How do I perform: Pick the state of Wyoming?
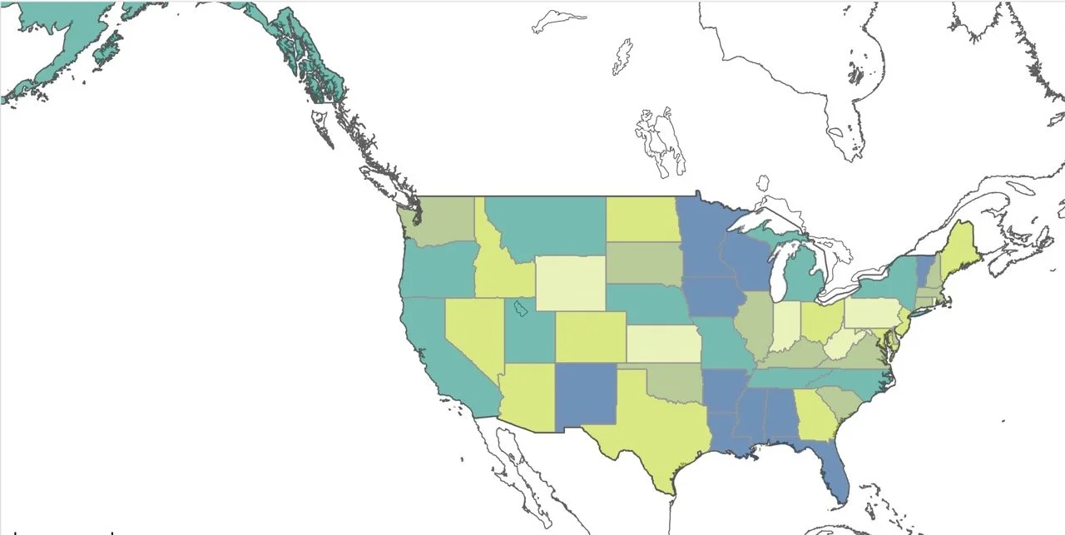[569, 283]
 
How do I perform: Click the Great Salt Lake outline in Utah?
[521, 310]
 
